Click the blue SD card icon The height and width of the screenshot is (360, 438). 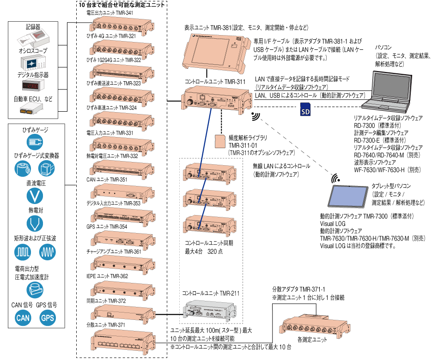[305, 109]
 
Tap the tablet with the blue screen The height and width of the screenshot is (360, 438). [348, 196]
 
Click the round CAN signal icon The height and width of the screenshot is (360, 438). [23, 318]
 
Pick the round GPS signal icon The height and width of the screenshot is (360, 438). [48, 318]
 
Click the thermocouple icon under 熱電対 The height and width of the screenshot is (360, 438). [35, 223]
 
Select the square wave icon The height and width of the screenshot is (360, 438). [23, 252]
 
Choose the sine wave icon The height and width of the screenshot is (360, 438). [48, 252]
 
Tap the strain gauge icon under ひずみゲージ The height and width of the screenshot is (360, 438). [35, 141]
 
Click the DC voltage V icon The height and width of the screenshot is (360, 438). [35, 196]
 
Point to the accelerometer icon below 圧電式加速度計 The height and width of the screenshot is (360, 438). [35, 290]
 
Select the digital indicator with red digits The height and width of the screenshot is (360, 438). [33, 86]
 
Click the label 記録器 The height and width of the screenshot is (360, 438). [33, 27]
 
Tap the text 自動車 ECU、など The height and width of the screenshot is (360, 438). [33, 99]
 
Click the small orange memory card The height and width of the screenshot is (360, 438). [220, 141]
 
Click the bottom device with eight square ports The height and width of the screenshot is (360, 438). [122, 342]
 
